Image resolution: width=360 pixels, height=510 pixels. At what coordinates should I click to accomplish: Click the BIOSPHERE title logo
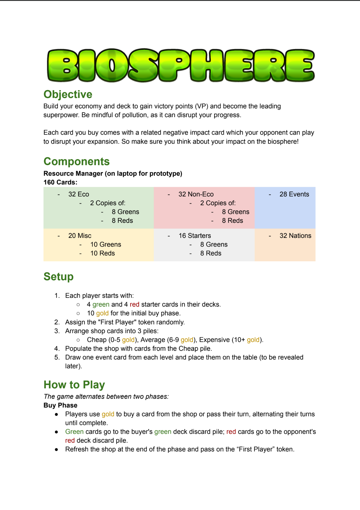coord(181,65)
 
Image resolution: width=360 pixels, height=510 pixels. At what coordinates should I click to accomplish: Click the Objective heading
coord(68,94)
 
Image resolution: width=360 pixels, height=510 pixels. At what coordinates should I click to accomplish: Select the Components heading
coord(77,162)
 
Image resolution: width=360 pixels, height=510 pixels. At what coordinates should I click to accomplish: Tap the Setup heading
coord(59,277)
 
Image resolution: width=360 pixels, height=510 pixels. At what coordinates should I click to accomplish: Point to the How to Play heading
coord(74,385)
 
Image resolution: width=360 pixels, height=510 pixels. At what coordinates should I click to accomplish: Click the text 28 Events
coord(294,194)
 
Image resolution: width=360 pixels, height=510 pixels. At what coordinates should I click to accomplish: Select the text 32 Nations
coord(295,236)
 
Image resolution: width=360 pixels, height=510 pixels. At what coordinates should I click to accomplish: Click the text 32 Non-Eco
coord(196,194)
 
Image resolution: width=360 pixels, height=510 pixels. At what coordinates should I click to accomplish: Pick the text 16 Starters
coord(195,236)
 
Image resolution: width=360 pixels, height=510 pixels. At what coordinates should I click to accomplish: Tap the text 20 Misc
coord(80,236)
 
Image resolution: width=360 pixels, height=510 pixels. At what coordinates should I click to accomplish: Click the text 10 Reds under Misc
coord(102,253)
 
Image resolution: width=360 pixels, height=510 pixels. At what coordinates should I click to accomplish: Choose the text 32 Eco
coord(79,194)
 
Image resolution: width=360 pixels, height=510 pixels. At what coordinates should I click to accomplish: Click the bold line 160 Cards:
coord(60,182)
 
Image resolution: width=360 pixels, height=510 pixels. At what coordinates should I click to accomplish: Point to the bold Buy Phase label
coord(60,405)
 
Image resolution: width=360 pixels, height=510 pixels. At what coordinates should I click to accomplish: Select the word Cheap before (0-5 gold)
coord(97,340)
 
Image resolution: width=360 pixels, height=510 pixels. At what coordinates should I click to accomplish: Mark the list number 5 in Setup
coord(57,357)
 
